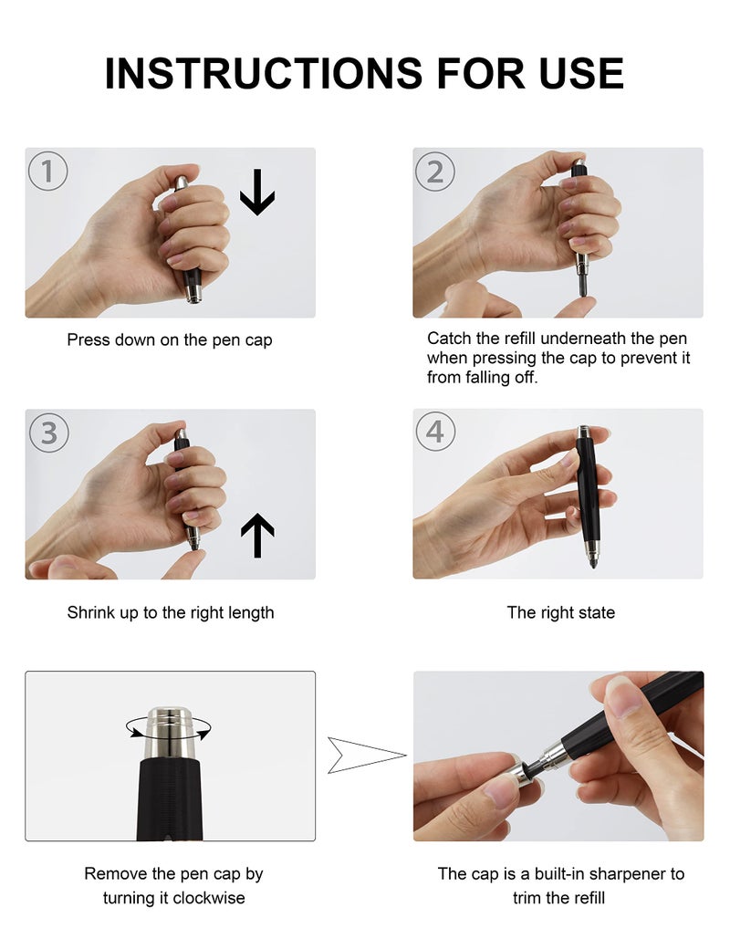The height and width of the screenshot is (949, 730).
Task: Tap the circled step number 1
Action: (x=47, y=171)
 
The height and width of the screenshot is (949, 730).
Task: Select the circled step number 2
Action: (x=435, y=171)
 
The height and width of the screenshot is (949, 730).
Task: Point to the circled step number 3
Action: (x=47, y=432)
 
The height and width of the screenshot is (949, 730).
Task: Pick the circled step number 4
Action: (x=435, y=432)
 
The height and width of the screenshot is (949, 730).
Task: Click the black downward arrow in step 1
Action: (x=256, y=197)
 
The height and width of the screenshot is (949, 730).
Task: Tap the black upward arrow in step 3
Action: (x=257, y=536)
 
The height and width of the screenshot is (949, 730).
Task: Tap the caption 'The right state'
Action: (x=560, y=612)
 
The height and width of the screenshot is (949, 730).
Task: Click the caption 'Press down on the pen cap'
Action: (x=170, y=340)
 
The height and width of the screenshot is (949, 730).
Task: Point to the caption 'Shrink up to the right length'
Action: (x=170, y=612)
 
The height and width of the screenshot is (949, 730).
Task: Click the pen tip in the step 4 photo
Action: (x=592, y=562)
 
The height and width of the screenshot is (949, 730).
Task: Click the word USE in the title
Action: (x=581, y=73)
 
